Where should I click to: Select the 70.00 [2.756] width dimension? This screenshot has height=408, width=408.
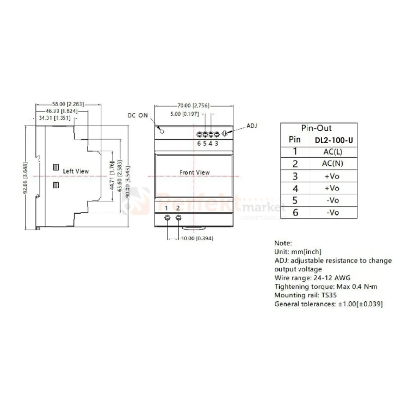192,106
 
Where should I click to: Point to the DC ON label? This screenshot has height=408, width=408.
138,116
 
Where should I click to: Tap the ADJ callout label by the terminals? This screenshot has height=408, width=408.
251,126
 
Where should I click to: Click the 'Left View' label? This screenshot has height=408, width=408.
76,171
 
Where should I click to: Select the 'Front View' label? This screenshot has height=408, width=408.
194,172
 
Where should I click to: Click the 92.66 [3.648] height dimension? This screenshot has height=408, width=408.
26,176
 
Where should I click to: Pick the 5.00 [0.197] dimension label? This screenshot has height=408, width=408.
184,114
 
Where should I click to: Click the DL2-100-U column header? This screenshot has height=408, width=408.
334,140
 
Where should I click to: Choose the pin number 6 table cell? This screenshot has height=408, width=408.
295,212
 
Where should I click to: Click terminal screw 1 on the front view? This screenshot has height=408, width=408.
167,219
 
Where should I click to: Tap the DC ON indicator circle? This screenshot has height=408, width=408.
161,130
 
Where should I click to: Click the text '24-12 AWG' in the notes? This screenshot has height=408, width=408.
331,278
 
